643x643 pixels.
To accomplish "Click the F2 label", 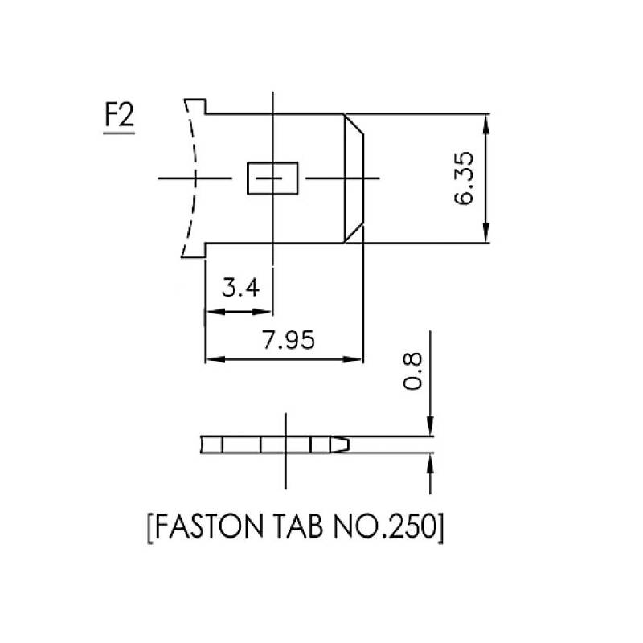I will (118, 118).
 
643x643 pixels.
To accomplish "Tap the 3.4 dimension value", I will (241, 287).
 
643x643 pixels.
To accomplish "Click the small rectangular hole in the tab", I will (272, 178).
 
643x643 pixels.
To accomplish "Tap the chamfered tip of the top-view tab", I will (354, 178).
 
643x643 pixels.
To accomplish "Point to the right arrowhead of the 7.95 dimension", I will (358, 358).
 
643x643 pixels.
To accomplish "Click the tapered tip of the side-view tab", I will (341, 444).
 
